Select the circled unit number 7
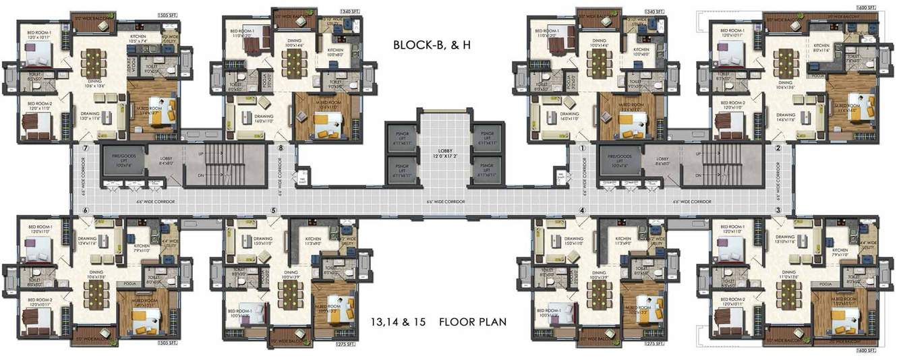pyautogui.click(x=86, y=148)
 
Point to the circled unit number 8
pyautogui.click(x=280, y=148)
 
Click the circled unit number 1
pyautogui.click(x=582, y=148)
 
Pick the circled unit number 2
pyautogui.click(x=778, y=148)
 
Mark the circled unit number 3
pyautogui.click(x=778, y=210)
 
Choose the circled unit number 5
pyautogui.click(x=273, y=210)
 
